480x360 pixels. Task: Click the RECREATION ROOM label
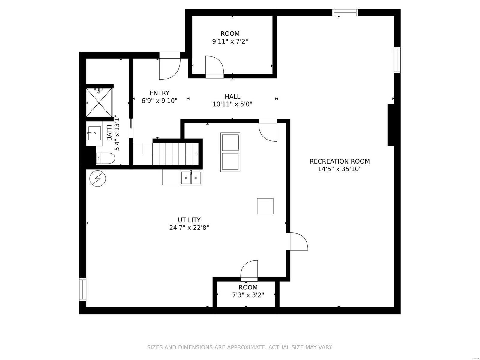pyautogui.click(x=340, y=161)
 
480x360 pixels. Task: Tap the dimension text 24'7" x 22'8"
pyautogui.click(x=189, y=228)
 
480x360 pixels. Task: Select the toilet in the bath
pyautogui.click(x=105, y=158)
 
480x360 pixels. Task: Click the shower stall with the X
pyautogui.click(x=99, y=103)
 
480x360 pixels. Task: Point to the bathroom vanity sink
pyautogui.click(x=94, y=133)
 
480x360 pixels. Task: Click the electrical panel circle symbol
pyautogui.click(x=98, y=178)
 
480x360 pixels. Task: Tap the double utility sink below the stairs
pyautogui.click(x=191, y=178)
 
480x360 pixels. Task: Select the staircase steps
pyautogui.click(x=175, y=154)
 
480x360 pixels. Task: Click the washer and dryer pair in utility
pyautogui.click(x=230, y=152)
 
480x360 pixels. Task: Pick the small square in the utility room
pyautogui.click(x=265, y=206)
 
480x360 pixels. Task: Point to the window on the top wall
pyautogui.click(x=345, y=12)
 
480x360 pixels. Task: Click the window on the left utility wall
pyautogui.click(x=82, y=289)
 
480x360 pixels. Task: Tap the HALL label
pyautogui.click(x=232, y=97)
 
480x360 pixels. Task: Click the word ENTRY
pyautogui.click(x=160, y=93)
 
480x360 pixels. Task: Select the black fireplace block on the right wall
pyautogui.click(x=391, y=125)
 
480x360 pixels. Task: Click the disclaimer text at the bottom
pyautogui.click(x=240, y=347)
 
